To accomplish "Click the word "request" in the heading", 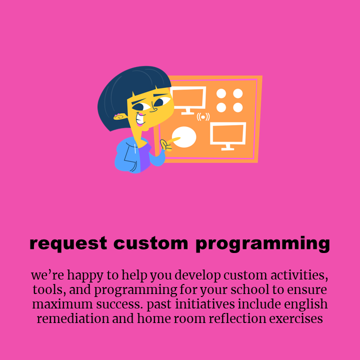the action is tap(68, 244).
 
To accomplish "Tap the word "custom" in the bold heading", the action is tap(150, 243).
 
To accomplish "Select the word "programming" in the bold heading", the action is tap(263, 244).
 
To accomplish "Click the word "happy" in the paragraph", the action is tap(85, 275).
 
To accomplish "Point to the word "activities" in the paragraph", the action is tap(299, 275).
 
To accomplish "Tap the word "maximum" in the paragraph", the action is tap(62, 304).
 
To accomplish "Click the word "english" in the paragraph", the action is tap(305, 304).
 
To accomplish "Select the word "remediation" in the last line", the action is tap(73, 318).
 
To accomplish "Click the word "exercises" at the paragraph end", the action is tap(296, 319).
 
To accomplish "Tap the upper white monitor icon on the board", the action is tap(188, 100).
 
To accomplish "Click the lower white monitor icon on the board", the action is tap(228, 136).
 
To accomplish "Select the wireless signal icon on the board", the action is tap(203, 117).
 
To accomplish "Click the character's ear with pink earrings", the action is tap(120, 117).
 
